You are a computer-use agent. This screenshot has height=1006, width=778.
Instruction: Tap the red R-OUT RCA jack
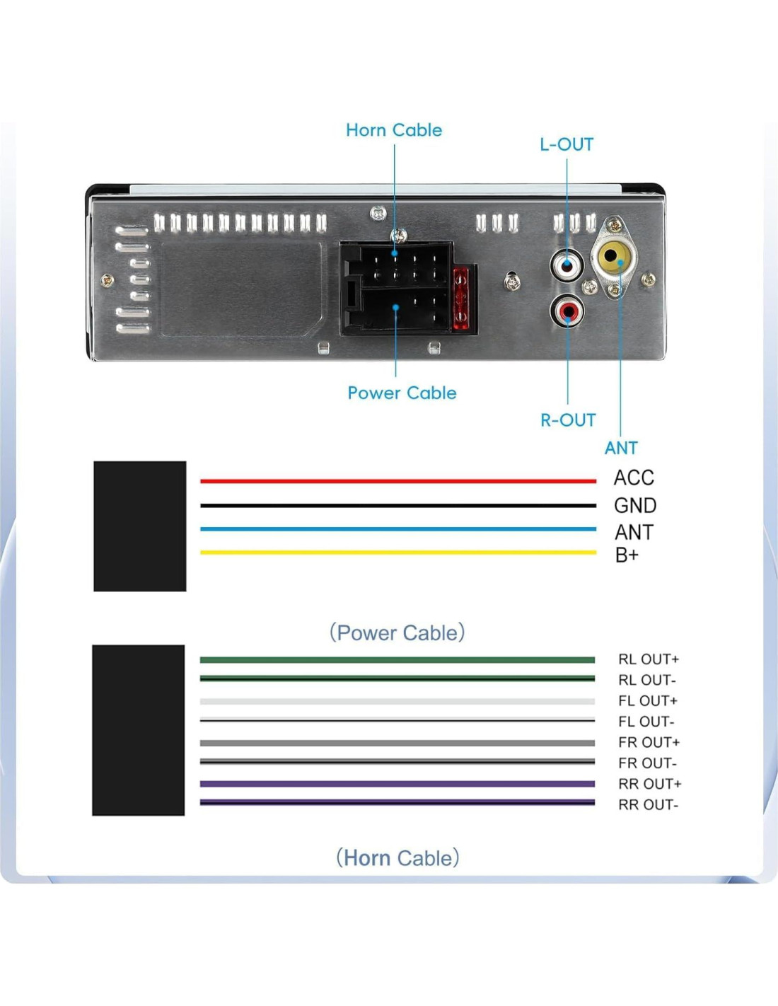[567, 311]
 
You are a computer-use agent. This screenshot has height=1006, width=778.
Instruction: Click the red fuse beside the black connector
[460, 299]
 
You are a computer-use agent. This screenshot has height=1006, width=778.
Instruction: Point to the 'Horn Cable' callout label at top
[394, 130]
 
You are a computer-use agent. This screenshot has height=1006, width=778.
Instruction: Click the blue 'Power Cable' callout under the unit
[402, 393]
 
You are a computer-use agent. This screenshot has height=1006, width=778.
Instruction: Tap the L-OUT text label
[567, 144]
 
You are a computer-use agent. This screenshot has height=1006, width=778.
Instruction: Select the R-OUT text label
[568, 420]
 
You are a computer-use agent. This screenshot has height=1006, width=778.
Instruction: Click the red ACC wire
[397, 481]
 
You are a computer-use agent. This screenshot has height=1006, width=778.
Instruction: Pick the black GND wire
[397, 505]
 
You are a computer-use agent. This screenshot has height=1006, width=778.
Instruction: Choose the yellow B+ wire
[397, 553]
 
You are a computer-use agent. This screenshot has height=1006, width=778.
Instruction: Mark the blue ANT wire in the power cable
[397, 528]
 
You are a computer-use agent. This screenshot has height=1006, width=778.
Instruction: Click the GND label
[635, 505]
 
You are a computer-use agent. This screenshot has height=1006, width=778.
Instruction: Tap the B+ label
[627, 555]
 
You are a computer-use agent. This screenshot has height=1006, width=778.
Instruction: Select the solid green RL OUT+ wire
[397, 660]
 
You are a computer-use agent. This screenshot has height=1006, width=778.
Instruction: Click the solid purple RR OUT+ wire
[397, 784]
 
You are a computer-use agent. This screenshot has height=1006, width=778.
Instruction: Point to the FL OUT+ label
[648, 701]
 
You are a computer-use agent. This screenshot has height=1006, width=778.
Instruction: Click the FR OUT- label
[648, 763]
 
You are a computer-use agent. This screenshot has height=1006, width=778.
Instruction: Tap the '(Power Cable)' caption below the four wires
[397, 632]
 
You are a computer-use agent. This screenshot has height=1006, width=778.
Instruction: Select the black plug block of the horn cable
[139, 730]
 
